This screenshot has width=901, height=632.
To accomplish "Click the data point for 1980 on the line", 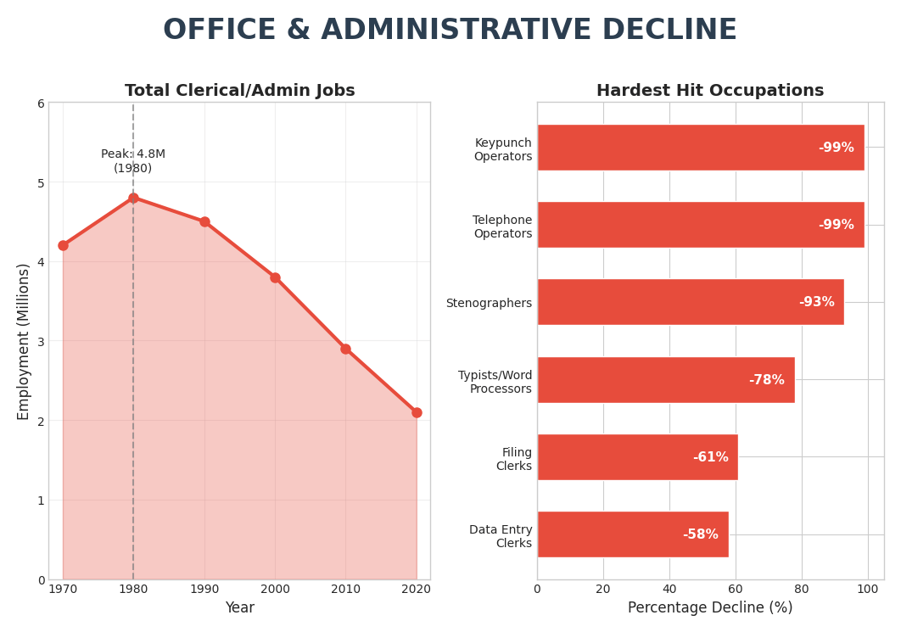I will [x=133, y=198].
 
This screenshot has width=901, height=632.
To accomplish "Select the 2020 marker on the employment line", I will [x=417, y=412].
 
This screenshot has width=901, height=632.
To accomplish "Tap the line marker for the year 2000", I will [x=275, y=277].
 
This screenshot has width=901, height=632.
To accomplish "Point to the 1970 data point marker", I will [x=63, y=245].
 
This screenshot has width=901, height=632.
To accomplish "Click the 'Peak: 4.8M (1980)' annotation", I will [x=133, y=161].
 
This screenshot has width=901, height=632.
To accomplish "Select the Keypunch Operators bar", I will [x=700, y=148].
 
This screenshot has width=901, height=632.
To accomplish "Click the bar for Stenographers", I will [x=690, y=302].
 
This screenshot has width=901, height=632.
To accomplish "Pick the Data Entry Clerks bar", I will [x=632, y=534].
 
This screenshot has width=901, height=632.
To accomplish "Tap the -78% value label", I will [x=766, y=380].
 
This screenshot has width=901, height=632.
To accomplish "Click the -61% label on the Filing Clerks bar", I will [x=710, y=457].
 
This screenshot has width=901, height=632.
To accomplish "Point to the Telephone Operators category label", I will [x=502, y=227].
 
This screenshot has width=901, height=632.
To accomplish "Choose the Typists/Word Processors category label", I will [x=495, y=382].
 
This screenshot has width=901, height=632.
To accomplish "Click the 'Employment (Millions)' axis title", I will [x=24, y=341].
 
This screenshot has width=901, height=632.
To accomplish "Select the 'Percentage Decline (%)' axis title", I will [x=710, y=607].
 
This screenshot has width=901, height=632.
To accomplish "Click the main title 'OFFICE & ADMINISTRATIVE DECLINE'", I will [x=450, y=31].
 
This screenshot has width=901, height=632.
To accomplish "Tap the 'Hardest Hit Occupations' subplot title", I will [x=710, y=91].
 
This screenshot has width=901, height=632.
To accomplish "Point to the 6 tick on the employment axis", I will [x=40, y=103].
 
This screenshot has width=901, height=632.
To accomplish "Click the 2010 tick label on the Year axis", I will [x=345, y=589].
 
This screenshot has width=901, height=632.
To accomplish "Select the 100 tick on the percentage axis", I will [x=867, y=589].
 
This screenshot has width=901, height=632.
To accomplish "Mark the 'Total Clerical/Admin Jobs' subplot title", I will [x=240, y=91].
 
